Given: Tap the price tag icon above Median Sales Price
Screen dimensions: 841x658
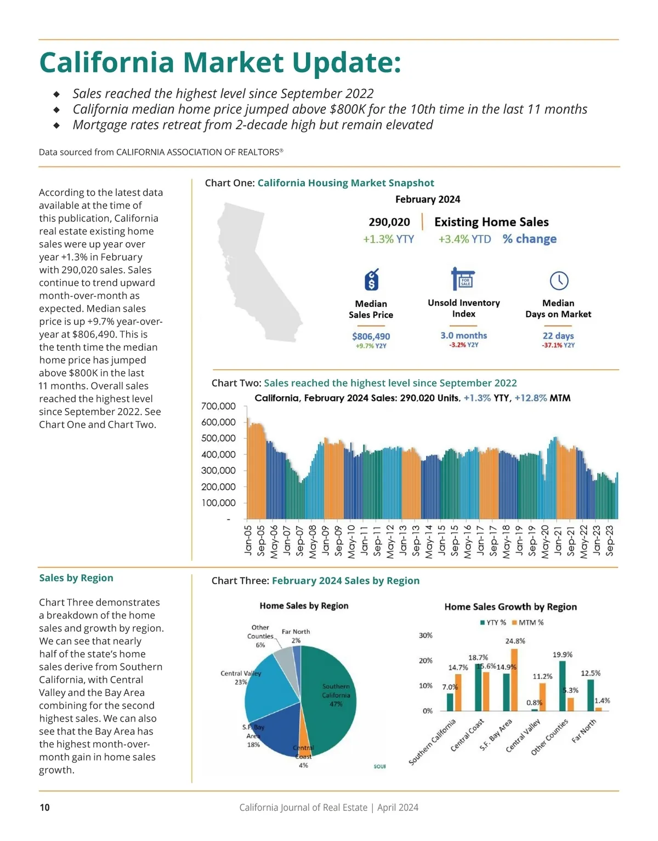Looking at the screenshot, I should [x=371, y=280].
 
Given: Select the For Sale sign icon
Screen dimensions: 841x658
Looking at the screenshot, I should [x=463, y=279].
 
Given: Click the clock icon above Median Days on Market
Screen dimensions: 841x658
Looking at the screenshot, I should [x=559, y=281].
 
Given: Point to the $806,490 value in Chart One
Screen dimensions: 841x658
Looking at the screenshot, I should [x=371, y=336].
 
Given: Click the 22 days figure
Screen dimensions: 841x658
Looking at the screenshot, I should [x=558, y=335].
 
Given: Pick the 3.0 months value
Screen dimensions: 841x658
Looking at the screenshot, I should [x=463, y=335].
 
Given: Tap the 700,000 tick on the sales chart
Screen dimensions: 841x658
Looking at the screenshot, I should [x=218, y=406].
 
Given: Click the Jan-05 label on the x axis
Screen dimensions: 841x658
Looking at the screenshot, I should [x=248, y=540].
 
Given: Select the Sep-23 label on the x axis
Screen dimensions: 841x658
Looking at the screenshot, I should [x=610, y=540].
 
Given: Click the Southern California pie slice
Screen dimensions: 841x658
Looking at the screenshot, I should [x=329, y=696].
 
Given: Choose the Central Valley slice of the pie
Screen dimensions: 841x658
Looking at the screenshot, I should [x=269, y=693].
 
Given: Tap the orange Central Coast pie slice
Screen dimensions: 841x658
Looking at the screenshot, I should [x=304, y=734].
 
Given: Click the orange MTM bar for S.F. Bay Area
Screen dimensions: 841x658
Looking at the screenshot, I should [x=514, y=680].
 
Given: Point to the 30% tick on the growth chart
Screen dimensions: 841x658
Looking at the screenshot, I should [x=426, y=636].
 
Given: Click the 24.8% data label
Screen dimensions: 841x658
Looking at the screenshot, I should [x=515, y=640].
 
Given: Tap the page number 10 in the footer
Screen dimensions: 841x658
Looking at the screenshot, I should [x=45, y=807].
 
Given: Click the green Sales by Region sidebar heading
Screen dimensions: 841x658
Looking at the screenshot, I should [x=76, y=578].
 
